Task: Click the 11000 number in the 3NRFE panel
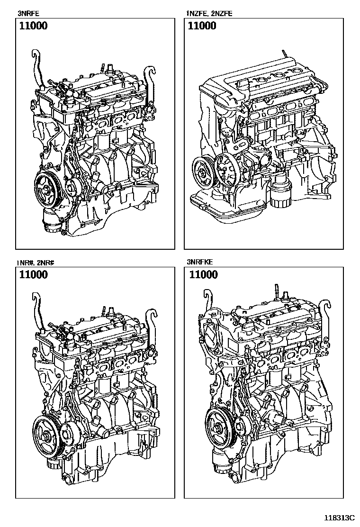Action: pyautogui.click(x=33, y=26)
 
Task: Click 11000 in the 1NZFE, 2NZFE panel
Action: pyautogui.click(x=202, y=26)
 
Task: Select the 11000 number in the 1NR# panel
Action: pyautogui.click(x=33, y=275)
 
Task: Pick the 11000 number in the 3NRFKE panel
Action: pyautogui.click(x=203, y=275)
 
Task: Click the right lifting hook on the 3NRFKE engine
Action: pyautogui.click(x=326, y=313)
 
